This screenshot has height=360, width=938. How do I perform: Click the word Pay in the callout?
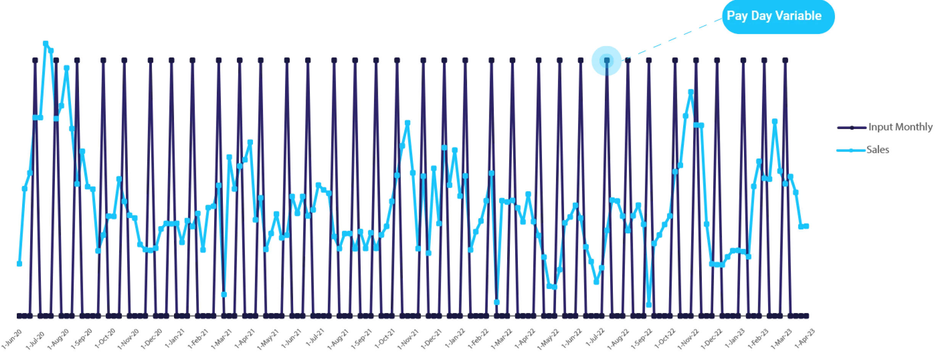point(737,16)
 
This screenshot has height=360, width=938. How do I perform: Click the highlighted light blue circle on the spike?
point(606,60)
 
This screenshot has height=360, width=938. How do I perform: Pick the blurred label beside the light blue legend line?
point(879,150)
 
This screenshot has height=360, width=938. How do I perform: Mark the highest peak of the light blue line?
point(46,43)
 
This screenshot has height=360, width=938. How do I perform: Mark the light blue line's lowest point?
point(649,305)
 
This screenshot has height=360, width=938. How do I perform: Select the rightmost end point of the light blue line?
point(808,226)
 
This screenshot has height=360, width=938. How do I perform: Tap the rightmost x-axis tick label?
point(805,339)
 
